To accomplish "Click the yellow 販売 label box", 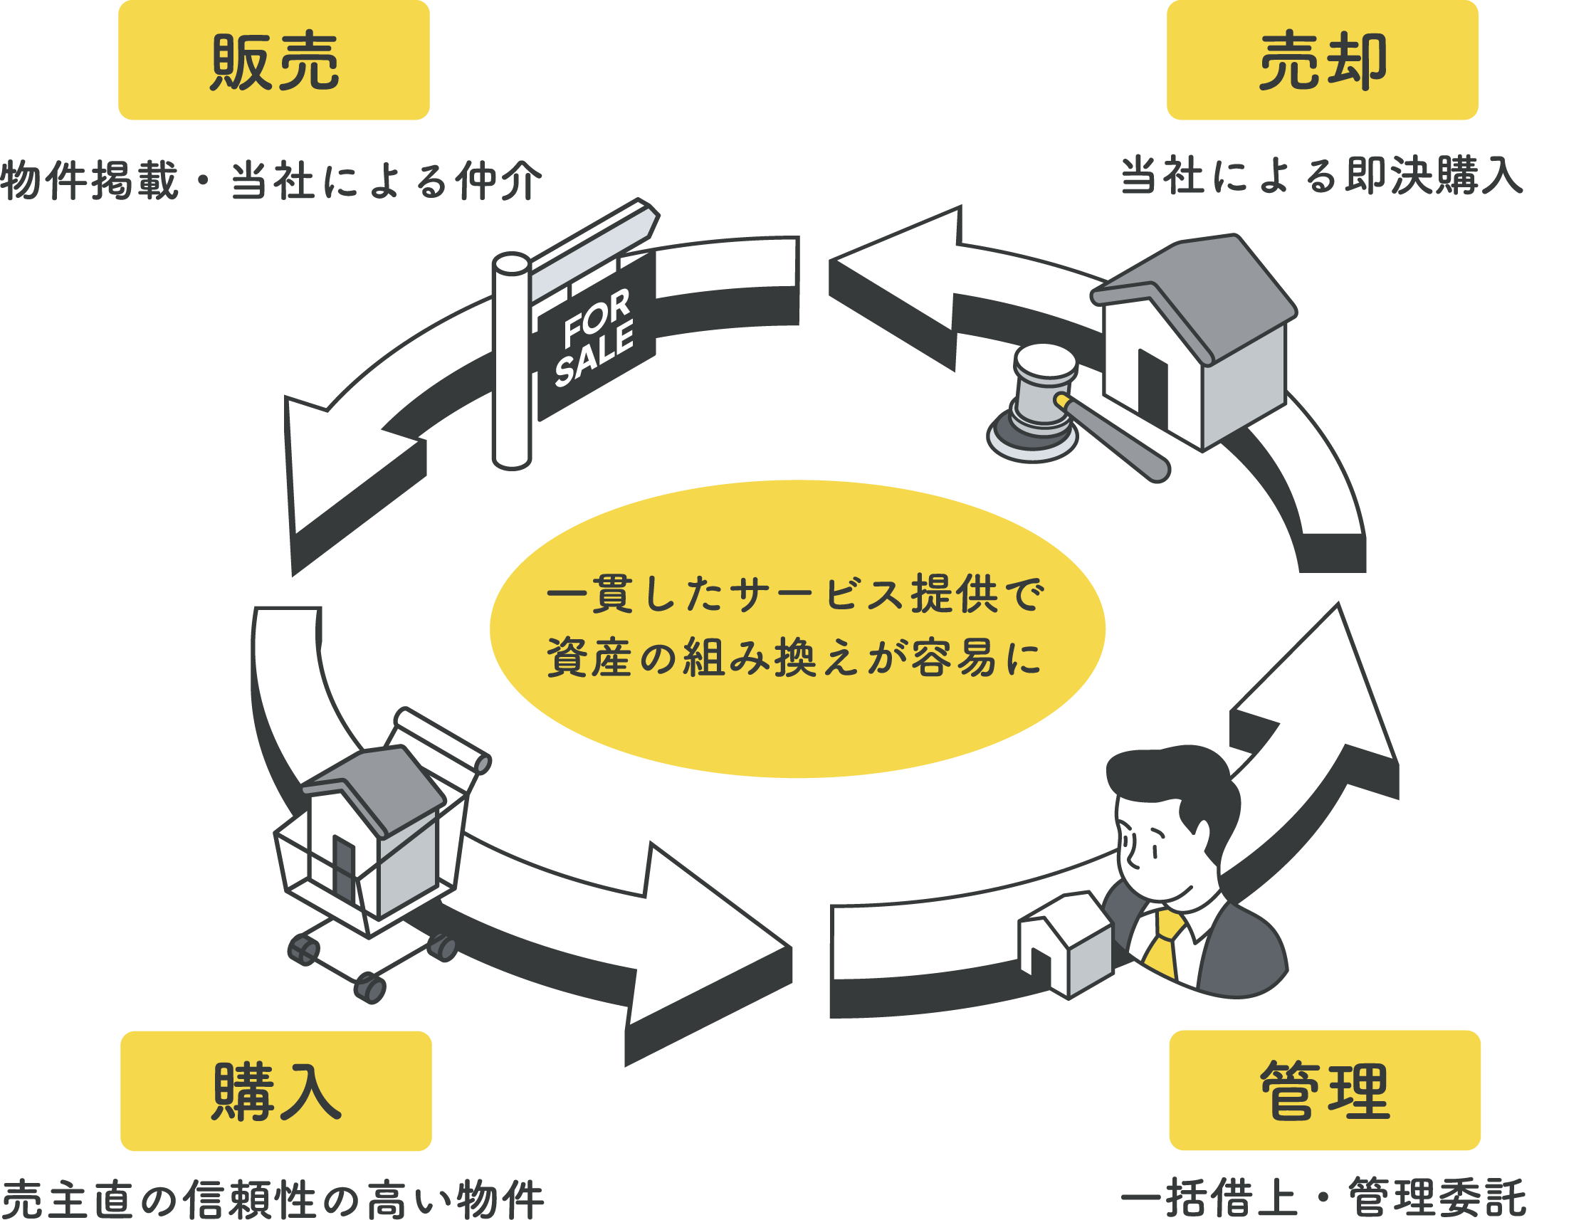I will coord(274,61).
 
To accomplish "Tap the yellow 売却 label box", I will coord(1321,61).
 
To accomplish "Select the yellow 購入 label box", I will coord(275,1090).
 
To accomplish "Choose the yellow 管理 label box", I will coord(1325,1090).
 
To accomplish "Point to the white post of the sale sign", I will coord(511,363).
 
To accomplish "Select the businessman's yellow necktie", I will coord(1165,944).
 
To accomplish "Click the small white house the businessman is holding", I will coord(1066,944).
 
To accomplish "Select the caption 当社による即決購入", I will coord(1321,177).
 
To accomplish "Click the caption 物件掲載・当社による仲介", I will coord(270,180).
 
